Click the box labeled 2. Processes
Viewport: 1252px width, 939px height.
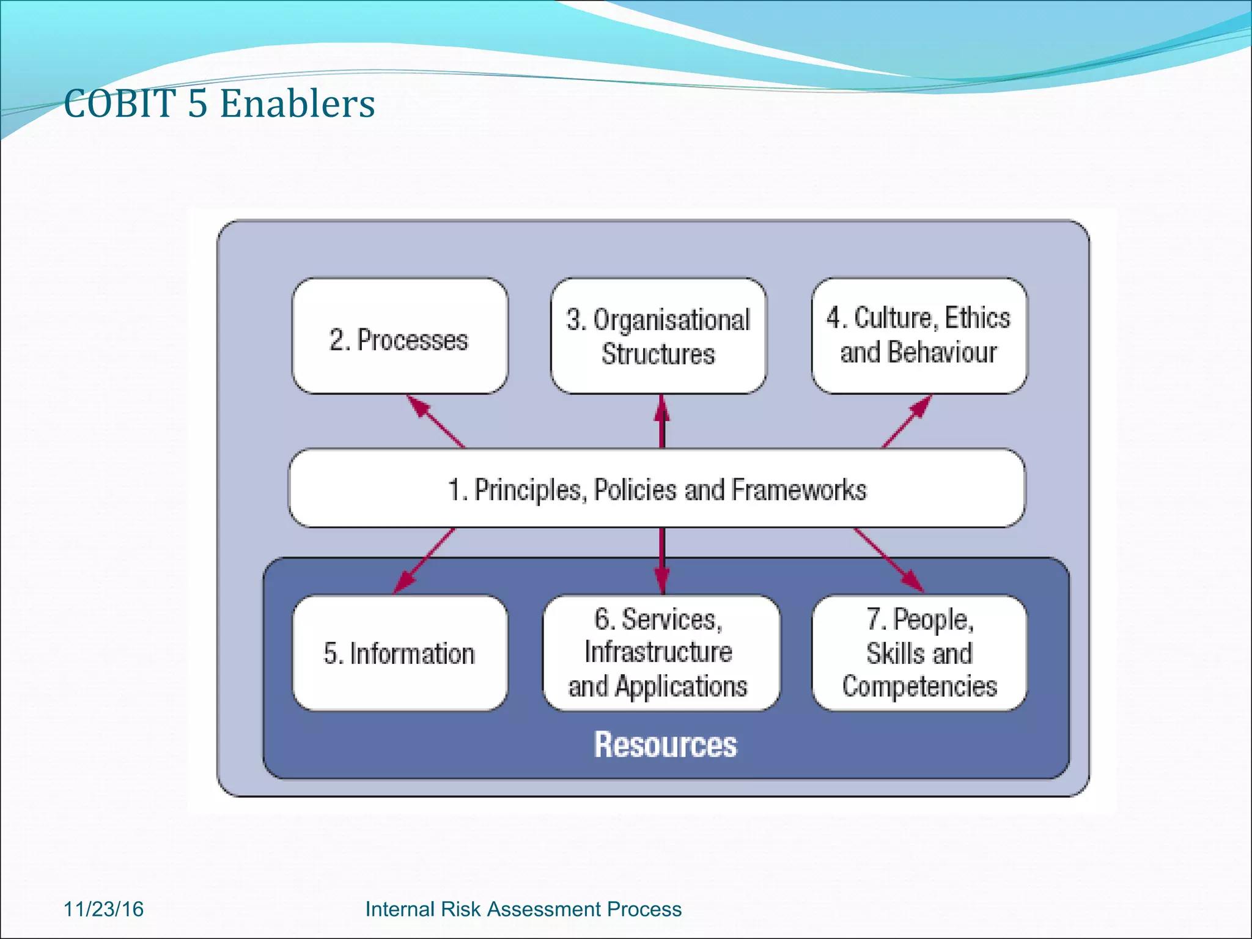400,336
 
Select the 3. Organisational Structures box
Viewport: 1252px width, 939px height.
658,336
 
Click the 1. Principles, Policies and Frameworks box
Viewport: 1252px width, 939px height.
657,488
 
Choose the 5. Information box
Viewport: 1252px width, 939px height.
400,653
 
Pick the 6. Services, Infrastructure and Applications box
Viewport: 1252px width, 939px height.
661,653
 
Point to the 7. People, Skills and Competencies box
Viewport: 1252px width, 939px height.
919,653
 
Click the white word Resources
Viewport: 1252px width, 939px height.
666,745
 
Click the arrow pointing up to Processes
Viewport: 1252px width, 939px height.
435,421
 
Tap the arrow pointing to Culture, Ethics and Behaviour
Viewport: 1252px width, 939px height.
907,421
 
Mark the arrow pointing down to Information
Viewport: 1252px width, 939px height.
424,561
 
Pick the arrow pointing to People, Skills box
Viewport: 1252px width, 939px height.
888,561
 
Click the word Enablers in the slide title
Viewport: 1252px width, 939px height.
297,103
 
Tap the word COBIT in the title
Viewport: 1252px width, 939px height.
120,103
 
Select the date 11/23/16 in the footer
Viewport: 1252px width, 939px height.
103,909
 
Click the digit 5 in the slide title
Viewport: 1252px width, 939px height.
197,103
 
